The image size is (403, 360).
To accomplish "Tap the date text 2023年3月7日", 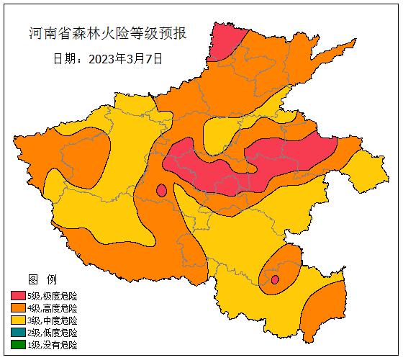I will [x=125, y=59].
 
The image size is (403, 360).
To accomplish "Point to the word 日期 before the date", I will [x=67, y=59].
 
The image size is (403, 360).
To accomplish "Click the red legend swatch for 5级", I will [x=18, y=296].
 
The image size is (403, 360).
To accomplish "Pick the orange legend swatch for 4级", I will [x=18, y=308].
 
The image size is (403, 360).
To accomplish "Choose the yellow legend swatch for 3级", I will [x=18, y=320].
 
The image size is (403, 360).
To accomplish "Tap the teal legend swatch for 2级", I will [x=18, y=333].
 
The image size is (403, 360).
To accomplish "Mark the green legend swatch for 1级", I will [x=18, y=345].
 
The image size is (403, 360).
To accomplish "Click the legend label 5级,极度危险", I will [x=52, y=296].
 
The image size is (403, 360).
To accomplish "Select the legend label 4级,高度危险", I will [x=52, y=308].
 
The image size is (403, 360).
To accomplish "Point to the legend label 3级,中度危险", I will [x=52, y=320].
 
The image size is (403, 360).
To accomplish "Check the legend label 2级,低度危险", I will [x=52, y=333].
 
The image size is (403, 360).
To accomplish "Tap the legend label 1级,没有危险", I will [x=52, y=345].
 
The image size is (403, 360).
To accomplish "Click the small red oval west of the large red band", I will [x=162, y=191].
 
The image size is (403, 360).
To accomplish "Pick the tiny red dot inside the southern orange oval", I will [x=274, y=279].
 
